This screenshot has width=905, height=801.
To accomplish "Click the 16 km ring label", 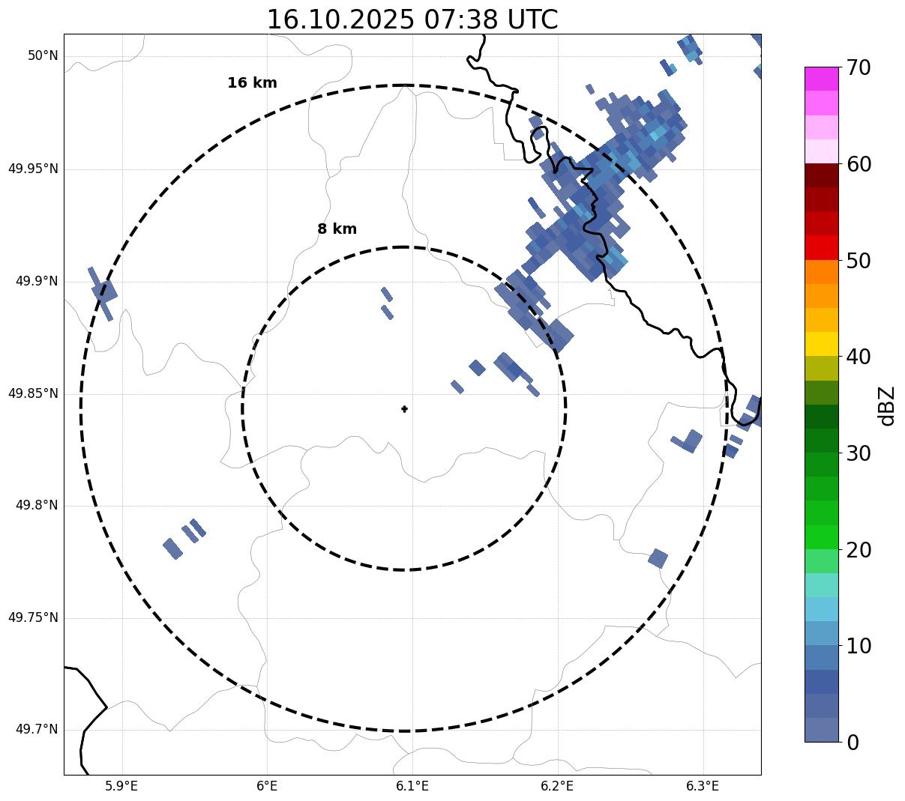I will click(x=252, y=83).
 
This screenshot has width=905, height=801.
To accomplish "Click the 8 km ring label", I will click(x=337, y=229).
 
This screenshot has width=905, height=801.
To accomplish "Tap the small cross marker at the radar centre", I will click(x=404, y=408).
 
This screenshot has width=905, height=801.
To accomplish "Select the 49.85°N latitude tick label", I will click(x=33, y=393).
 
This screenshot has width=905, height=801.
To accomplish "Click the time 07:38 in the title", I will click(x=460, y=20).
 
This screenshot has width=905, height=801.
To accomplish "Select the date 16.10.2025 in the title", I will click(x=340, y=20).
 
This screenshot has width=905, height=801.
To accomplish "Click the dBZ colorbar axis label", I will click(x=887, y=405).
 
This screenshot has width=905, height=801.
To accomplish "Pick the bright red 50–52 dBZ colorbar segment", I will click(x=821, y=248).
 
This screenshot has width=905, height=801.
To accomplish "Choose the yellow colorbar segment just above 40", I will click(x=821, y=344).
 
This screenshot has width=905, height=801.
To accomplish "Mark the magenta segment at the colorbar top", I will click(x=821, y=79).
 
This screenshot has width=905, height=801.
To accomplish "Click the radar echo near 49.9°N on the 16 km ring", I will click(x=102, y=291).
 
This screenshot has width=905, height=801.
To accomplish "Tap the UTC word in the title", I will click(x=532, y=20).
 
